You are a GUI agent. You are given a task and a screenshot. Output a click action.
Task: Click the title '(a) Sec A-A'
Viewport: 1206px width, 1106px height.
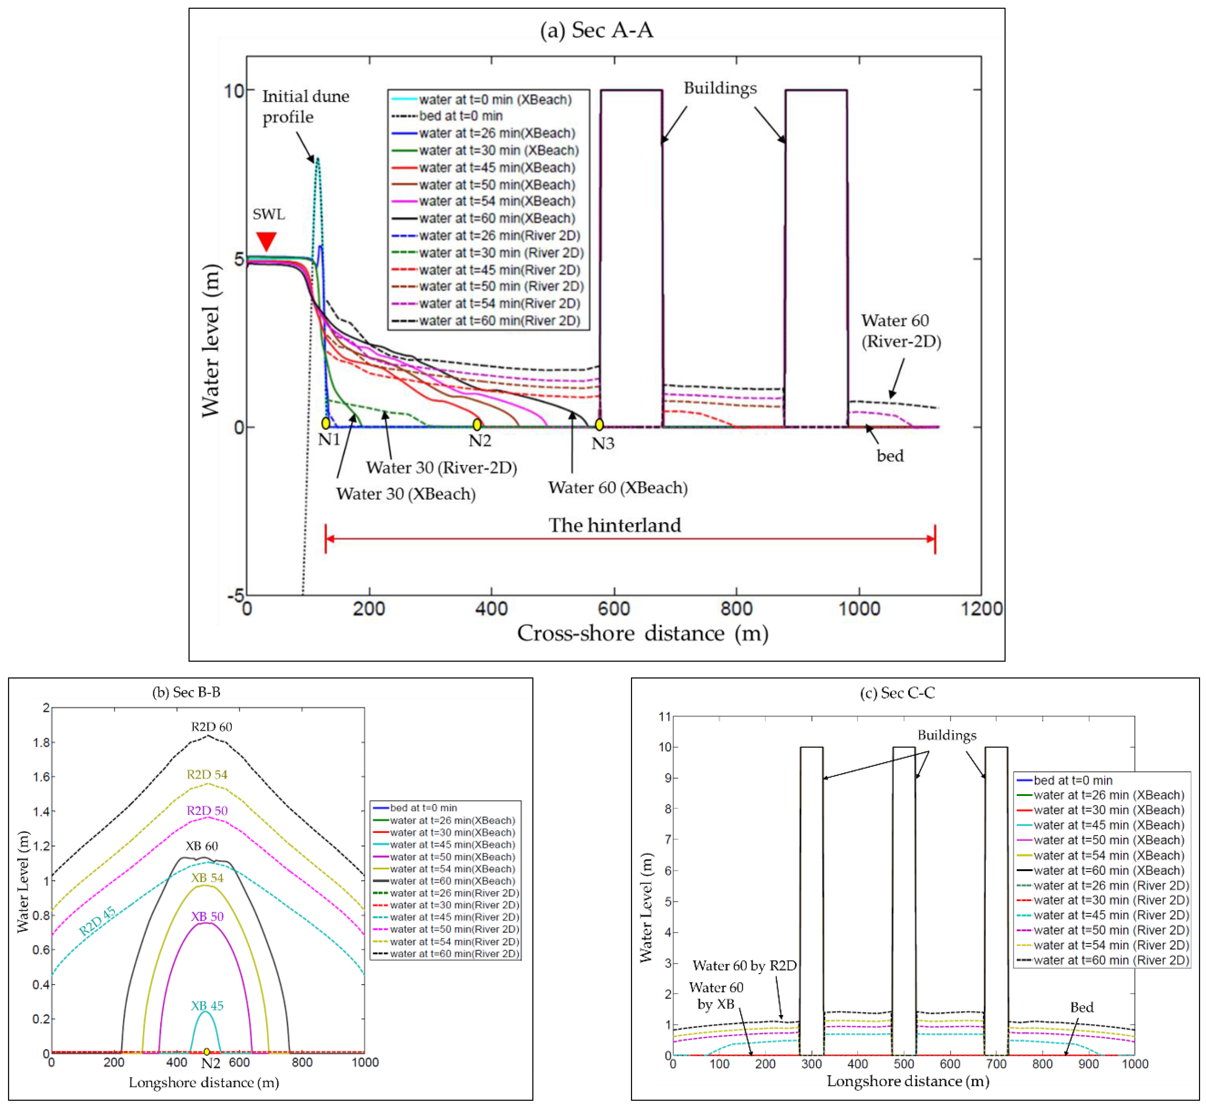[x=596, y=30]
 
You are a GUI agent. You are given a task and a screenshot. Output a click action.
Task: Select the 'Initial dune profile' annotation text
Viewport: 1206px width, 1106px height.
[x=305, y=107]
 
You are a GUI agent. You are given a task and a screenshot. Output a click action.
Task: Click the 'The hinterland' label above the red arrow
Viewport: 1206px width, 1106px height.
[x=615, y=525]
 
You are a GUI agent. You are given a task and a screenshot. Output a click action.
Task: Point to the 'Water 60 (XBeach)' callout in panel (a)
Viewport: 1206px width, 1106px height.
[x=617, y=488]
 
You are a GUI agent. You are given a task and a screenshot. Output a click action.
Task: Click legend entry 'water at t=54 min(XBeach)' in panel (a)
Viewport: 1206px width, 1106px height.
[x=496, y=201]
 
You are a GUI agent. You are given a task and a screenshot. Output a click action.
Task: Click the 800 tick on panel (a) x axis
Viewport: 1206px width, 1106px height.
[x=736, y=609]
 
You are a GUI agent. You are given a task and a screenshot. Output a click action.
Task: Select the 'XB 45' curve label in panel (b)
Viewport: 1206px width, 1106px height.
[x=207, y=1005]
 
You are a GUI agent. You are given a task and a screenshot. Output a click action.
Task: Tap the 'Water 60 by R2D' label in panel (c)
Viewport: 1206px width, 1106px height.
[x=744, y=965]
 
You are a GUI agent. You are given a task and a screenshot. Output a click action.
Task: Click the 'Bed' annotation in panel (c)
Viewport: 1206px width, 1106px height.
[x=1081, y=1007]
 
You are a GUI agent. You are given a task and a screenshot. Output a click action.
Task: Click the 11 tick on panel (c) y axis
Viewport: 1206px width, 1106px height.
[x=665, y=716]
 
